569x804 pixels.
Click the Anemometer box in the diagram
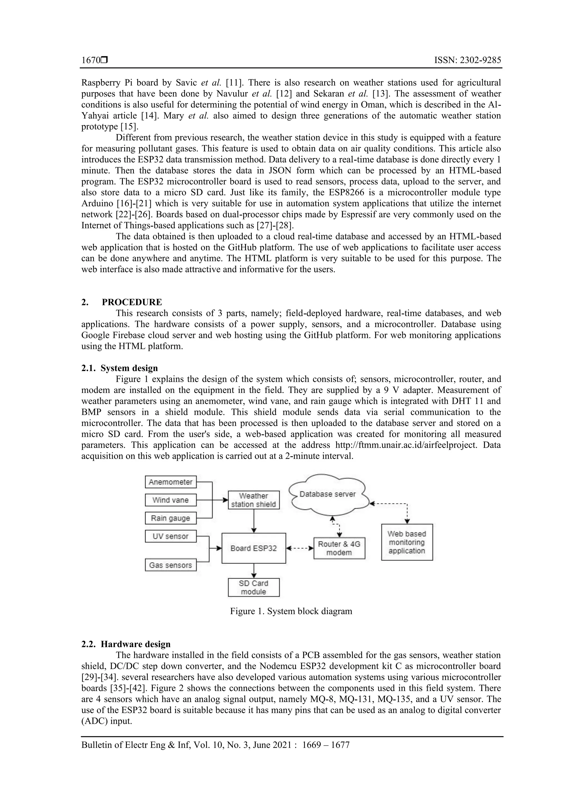pos(171,482)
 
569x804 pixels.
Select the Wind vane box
pos(171,500)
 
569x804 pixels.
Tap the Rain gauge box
pos(171,518)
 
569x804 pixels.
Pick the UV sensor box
pos(171,536)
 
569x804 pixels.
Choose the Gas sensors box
pos(171,565)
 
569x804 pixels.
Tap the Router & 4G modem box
pos(339,548)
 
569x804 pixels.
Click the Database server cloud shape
pos(328,495)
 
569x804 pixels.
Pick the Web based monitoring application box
pos(407,542)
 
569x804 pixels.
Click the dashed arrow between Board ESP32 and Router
pos(300,548)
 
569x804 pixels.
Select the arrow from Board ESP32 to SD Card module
pos(254,571)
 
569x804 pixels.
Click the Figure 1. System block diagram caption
pos(291,611)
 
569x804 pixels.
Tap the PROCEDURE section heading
pos(132,302)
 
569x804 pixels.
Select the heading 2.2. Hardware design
pos(126,644)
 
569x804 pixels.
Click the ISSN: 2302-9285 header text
pos(467,60)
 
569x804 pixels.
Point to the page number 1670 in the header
pos(91,60)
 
